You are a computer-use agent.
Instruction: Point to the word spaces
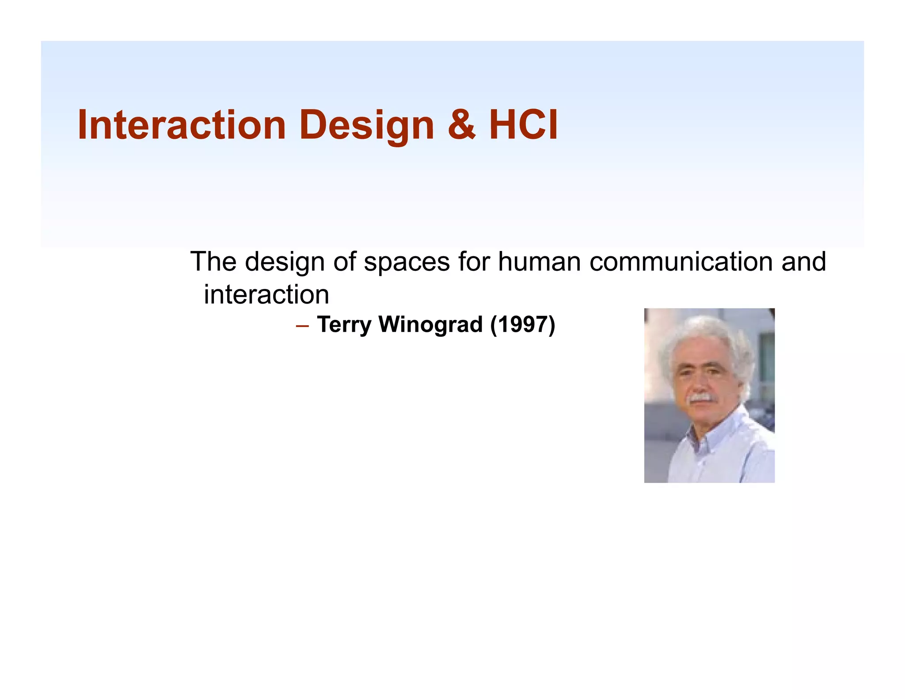tap(407, 262)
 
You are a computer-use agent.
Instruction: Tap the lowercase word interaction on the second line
tap(266, 295)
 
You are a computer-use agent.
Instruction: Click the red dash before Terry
tap(302, 327)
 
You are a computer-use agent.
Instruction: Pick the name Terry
tap(344, 325)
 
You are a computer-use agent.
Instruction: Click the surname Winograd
tap(431, 325)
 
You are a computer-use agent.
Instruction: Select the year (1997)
tap(522, 325)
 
